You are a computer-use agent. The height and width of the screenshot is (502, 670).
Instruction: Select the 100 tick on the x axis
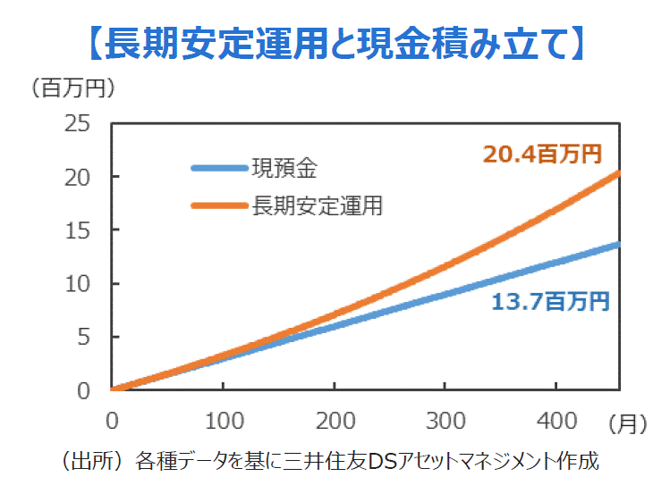(222, 420)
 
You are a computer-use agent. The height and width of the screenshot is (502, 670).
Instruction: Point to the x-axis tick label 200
(334, 420)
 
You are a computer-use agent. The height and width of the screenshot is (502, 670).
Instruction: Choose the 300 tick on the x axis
(445, 420)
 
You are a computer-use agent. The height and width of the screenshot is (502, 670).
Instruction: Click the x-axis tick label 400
(556, 420)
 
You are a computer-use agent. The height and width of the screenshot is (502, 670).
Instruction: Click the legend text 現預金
(284, 168)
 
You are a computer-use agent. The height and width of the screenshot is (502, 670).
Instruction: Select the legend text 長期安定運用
(318, 206)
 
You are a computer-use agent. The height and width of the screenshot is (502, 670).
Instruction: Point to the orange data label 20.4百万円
(542, 154)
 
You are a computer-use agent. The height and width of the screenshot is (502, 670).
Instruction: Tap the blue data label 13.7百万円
(550, 302)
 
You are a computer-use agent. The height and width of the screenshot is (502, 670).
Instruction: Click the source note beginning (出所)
(328, 462)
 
